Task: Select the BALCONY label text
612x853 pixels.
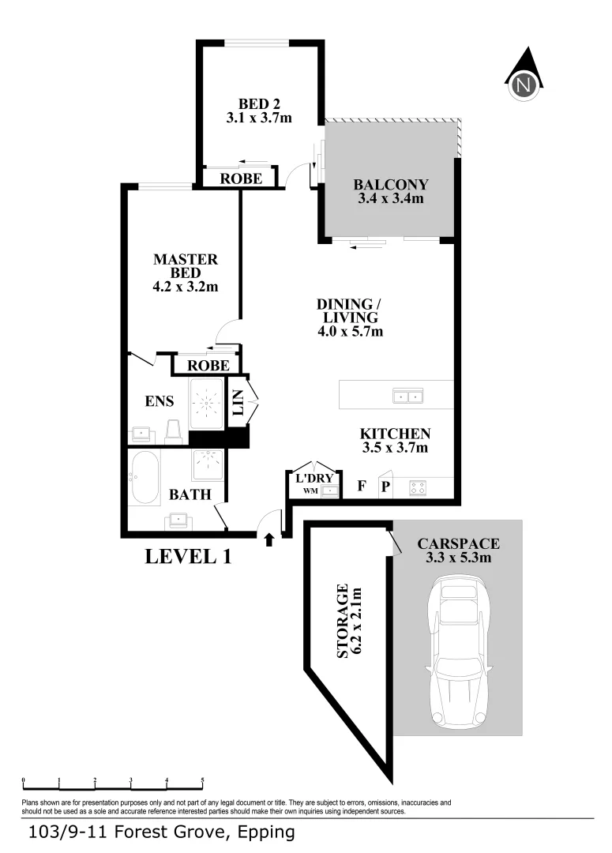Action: pyautogui.click(x=390, y=191)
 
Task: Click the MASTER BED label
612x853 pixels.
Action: pyautogui.click(x=185, y=272)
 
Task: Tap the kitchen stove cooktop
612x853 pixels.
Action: pyautogui.click(x=418, y=488)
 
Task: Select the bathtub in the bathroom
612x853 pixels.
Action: pyautogui.click(x=145, y=478)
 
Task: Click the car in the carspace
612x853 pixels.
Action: pyautogui.click(x=457, y=651)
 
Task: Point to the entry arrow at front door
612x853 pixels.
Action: pyautogui.click(x=268, y=539)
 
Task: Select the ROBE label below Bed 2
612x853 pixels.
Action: pyautogui.click(x=241, y=178)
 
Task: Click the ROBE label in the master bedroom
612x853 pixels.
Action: pyautogui.click(x=209, y=366)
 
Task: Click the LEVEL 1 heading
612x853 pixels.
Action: pyautogui.click(x=188, y=556)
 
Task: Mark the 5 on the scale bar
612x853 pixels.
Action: pyautogui.click(x=203, y=780)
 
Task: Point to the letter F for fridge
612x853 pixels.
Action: pyautogui.click(x=361, y=486)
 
